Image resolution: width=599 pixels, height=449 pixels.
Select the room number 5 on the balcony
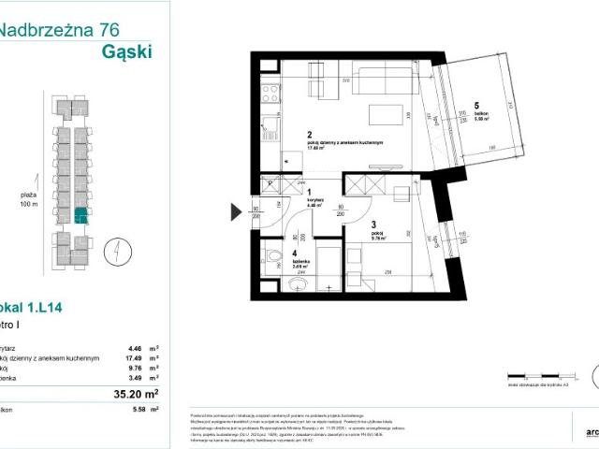tap(475, 105)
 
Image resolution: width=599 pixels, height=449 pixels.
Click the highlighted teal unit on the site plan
tap(81, 216)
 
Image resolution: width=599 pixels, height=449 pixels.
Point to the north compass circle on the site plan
tap(110, 250)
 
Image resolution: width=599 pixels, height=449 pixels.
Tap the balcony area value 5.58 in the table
tap(138, 409)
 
